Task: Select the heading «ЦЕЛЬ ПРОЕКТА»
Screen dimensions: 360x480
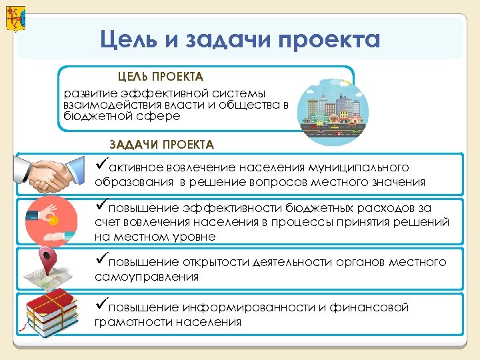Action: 161,77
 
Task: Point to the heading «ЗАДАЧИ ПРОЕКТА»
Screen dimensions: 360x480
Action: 161,145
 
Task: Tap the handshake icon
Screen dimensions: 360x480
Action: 52,175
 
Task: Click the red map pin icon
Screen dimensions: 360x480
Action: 46,257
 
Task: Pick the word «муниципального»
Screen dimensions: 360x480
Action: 361,167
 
